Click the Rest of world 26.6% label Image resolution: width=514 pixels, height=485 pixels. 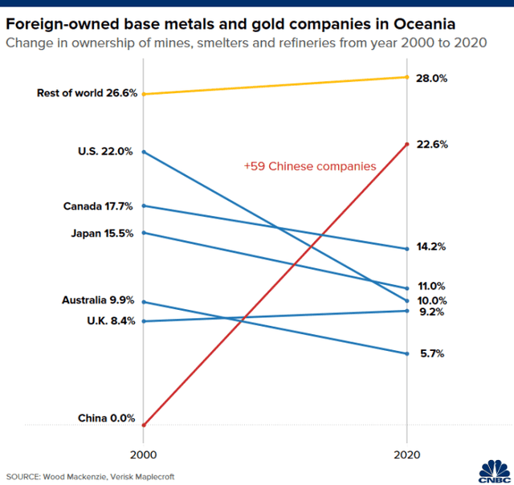(x=84, y=94)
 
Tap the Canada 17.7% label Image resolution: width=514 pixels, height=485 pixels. (x=98, y=206)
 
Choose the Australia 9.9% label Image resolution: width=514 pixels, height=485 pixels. (x=97, y=301)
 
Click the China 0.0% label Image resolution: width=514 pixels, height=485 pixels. (x=105, y=418)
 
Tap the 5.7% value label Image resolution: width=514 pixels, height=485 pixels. (x=432, y=353)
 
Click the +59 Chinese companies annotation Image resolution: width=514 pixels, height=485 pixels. (x=310, y=167)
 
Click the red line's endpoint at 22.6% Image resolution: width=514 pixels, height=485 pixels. (x=407, y=145)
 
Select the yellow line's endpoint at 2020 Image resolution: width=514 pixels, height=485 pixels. (x=407, y=77)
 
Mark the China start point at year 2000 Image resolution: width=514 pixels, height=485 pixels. (x=143, y=425)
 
